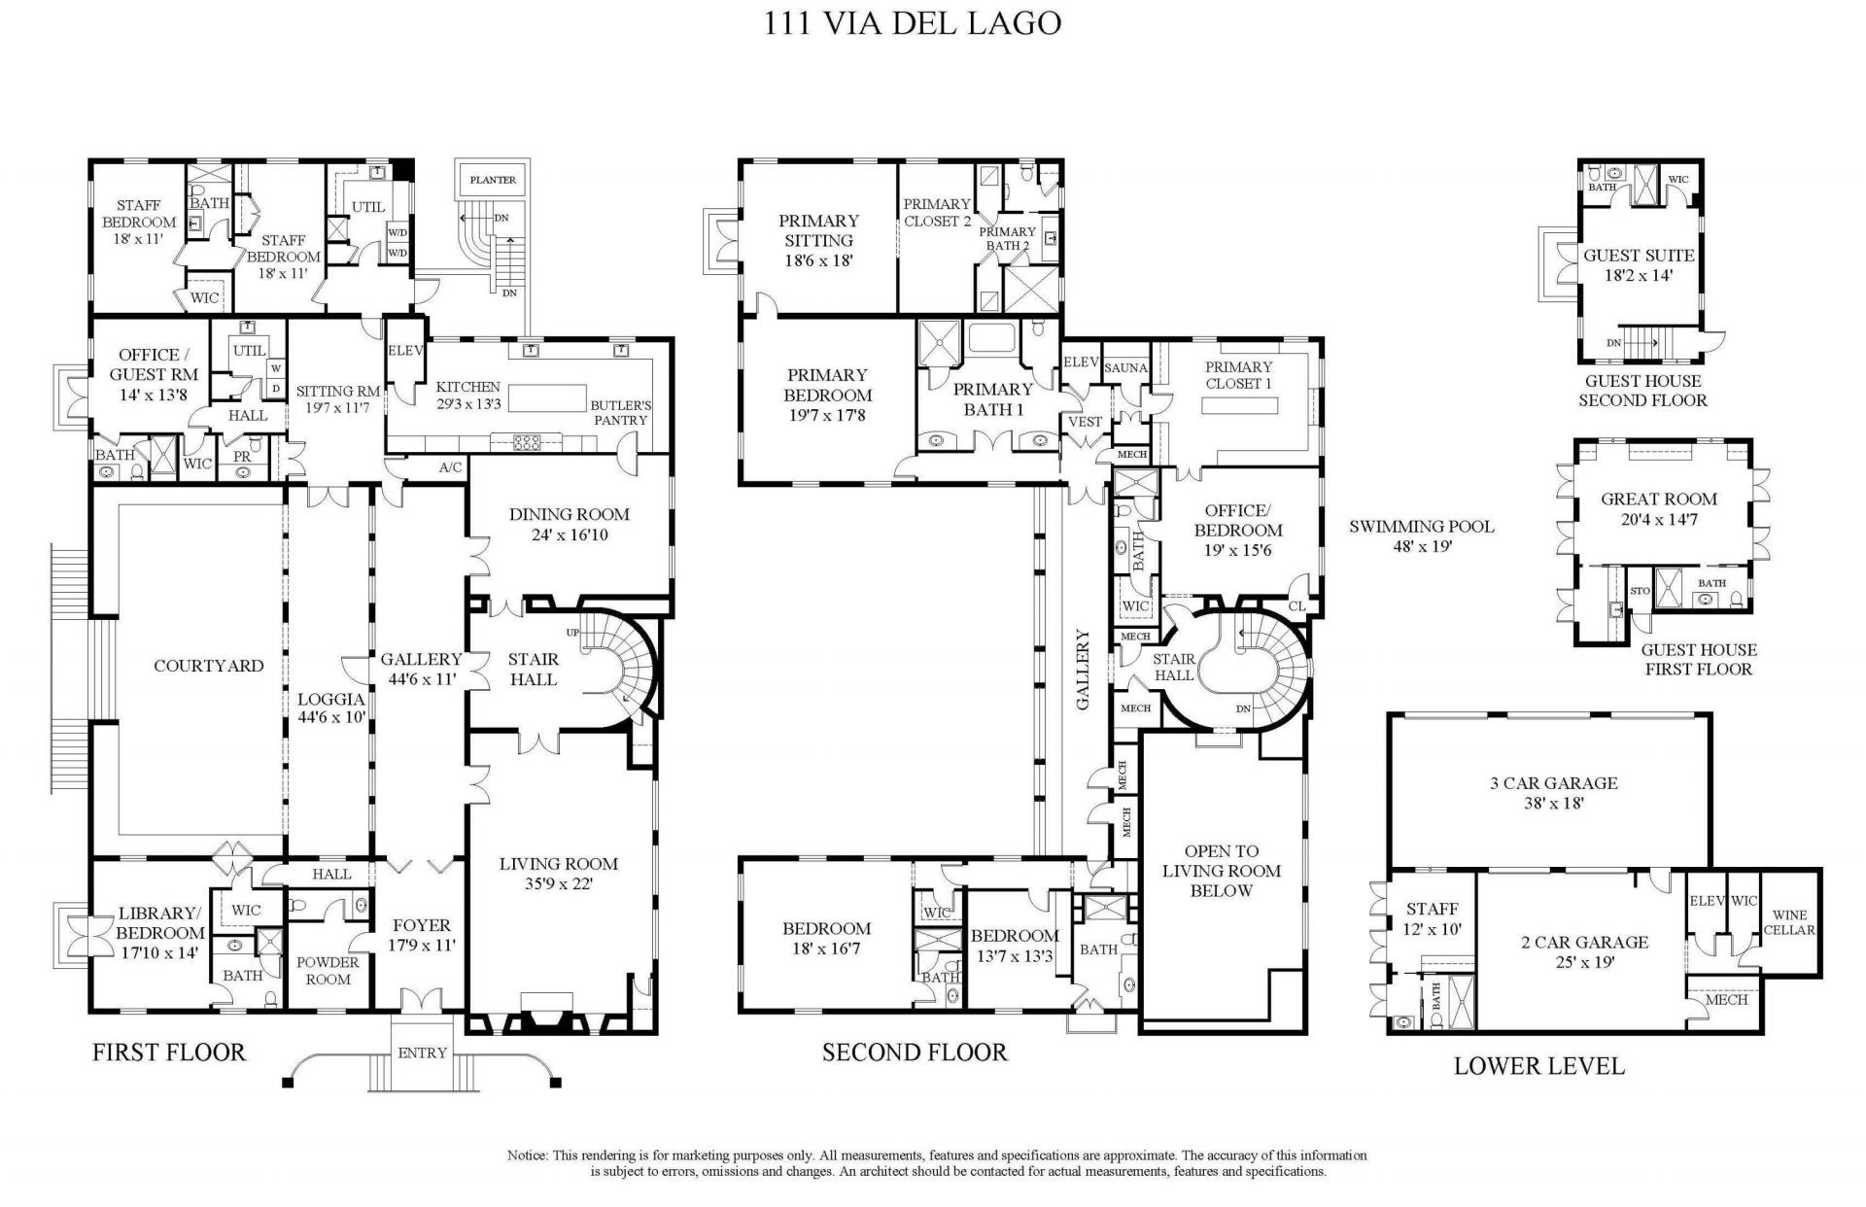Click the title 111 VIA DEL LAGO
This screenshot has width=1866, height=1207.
point(913,23)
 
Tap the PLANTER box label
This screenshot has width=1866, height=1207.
point(493,180)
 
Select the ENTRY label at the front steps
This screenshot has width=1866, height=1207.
point(422,1052)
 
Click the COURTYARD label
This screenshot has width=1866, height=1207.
point(208,666)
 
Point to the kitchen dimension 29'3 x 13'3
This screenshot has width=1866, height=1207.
point(468,405)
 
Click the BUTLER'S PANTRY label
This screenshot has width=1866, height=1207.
point(620,412)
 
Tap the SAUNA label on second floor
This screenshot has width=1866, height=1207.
point(1125,368)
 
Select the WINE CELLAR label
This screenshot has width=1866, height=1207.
point(1789,922)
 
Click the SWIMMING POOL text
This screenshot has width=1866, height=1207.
point(1421,527)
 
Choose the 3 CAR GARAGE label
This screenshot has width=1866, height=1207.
point(1553,782)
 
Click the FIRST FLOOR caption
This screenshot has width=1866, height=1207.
point(169,1052)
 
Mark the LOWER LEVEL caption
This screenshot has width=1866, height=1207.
point(1538,1066)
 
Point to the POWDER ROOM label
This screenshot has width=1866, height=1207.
point(328,970)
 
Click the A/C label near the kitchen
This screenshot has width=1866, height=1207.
point(450,467)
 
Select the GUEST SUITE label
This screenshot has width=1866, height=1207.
point(1639,256)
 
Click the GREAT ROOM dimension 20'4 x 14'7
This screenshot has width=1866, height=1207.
point(1659,520)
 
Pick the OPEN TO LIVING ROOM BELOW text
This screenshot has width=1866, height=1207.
point(1221,871)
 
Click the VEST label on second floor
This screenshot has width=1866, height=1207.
point(1085,422)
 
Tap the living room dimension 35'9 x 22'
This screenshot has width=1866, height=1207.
point(558,884)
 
